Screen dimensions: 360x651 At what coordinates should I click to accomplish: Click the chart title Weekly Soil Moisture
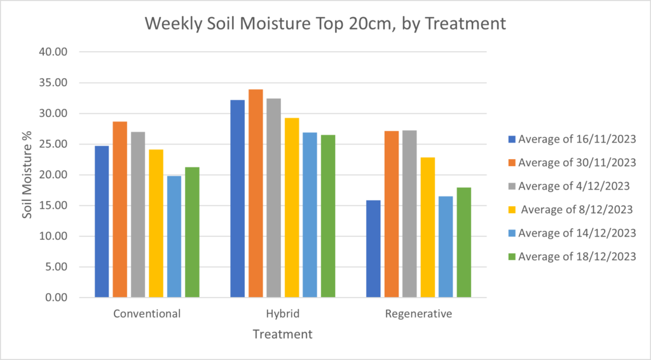325,24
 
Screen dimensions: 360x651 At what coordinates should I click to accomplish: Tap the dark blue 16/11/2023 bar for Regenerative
373,249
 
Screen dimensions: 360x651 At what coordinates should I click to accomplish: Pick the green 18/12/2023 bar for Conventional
192,232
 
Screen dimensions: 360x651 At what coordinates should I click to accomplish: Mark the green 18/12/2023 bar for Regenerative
463,242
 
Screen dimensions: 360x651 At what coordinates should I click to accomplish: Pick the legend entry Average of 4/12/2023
573,186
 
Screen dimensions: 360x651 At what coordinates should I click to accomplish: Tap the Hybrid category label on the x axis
282,314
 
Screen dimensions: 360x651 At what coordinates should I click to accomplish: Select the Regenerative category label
418,314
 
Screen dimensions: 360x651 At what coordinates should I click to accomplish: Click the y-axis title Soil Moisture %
27,174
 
